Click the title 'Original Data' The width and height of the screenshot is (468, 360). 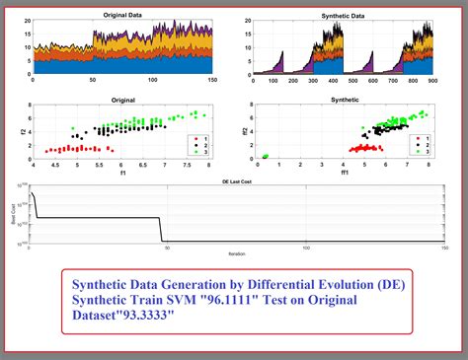click(125, 16)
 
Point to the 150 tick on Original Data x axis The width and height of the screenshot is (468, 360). click(213, 83)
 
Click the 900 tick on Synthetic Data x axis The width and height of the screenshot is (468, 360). click(431, 83)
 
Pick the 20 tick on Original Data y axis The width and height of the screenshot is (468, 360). click(29, 22)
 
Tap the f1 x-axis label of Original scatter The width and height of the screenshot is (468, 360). click(120, 175)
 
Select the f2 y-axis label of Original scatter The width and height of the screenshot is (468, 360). click(22, 133)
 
